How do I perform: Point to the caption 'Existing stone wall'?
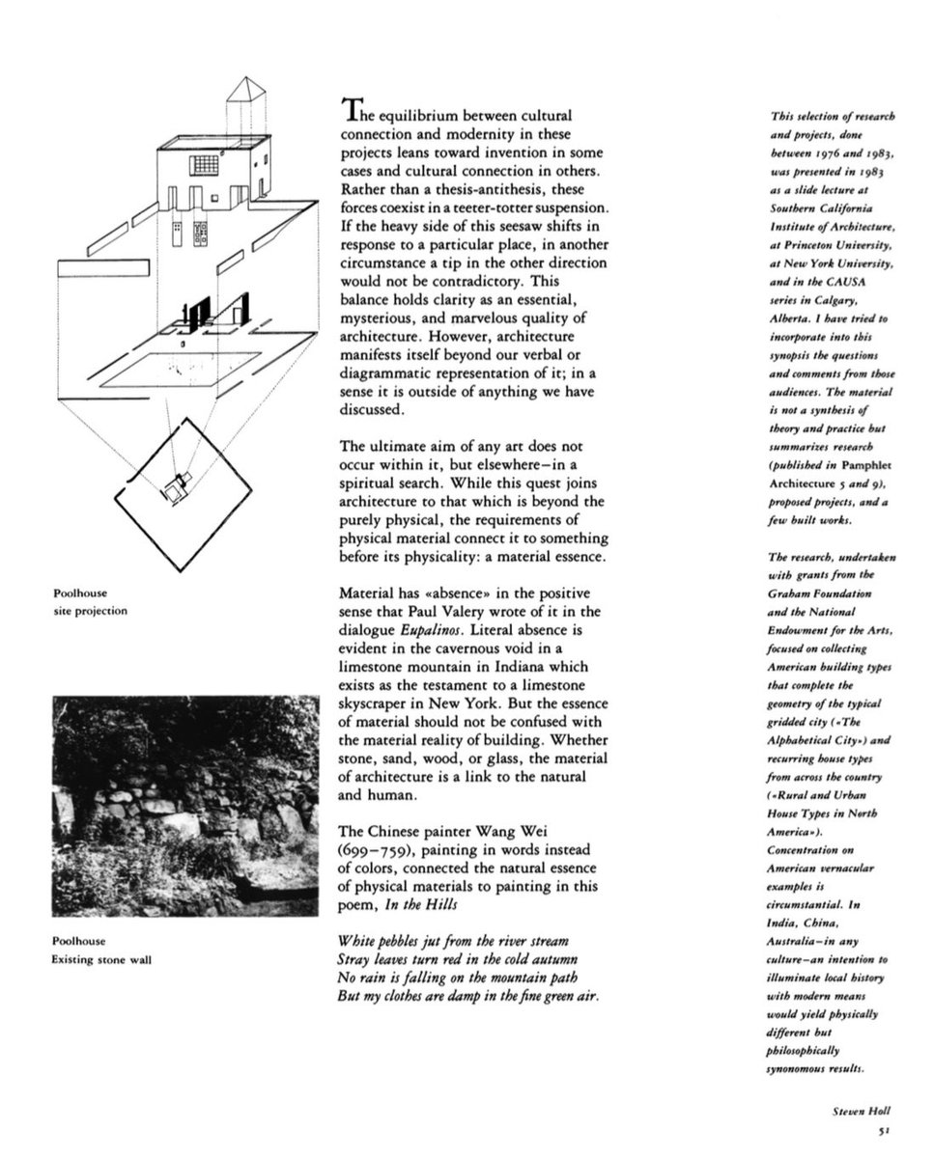tap(103, 960)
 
